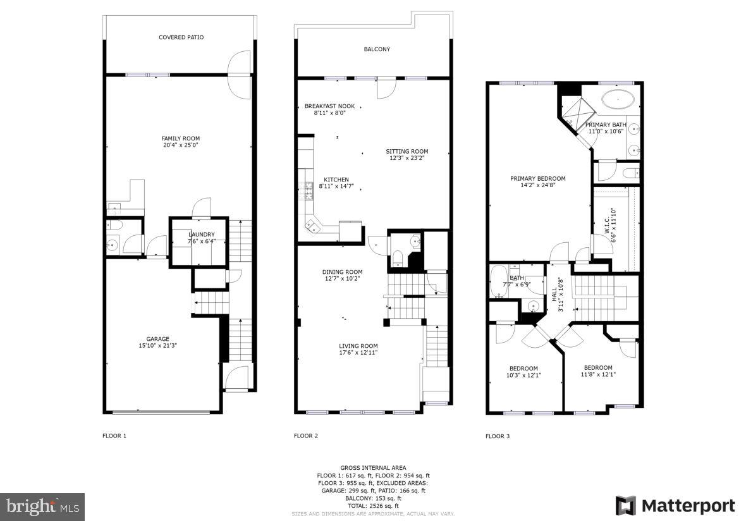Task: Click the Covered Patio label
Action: tap(181, 37)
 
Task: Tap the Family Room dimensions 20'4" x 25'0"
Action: tap(180, 145)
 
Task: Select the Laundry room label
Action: tap(201, 235)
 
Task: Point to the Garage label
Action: tap(158, 339)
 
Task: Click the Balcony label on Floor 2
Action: tap(376, 49)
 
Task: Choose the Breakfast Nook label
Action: tap(329, 106)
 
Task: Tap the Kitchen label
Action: tap(336, 180)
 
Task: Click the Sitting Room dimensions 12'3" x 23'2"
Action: tap(407, 158)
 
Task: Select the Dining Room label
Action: tap(343, 272)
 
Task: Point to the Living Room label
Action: tap(358, 346)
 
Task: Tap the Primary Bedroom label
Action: tap(537, 178)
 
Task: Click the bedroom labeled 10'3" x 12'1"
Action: tap(523, 372)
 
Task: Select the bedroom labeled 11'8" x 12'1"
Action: tap(597, 371)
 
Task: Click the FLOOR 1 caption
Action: tap(114, 436)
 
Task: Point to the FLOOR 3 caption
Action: tap(497, 436)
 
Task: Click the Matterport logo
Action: tap(675, 506)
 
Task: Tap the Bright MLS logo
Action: tap(42, 506)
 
